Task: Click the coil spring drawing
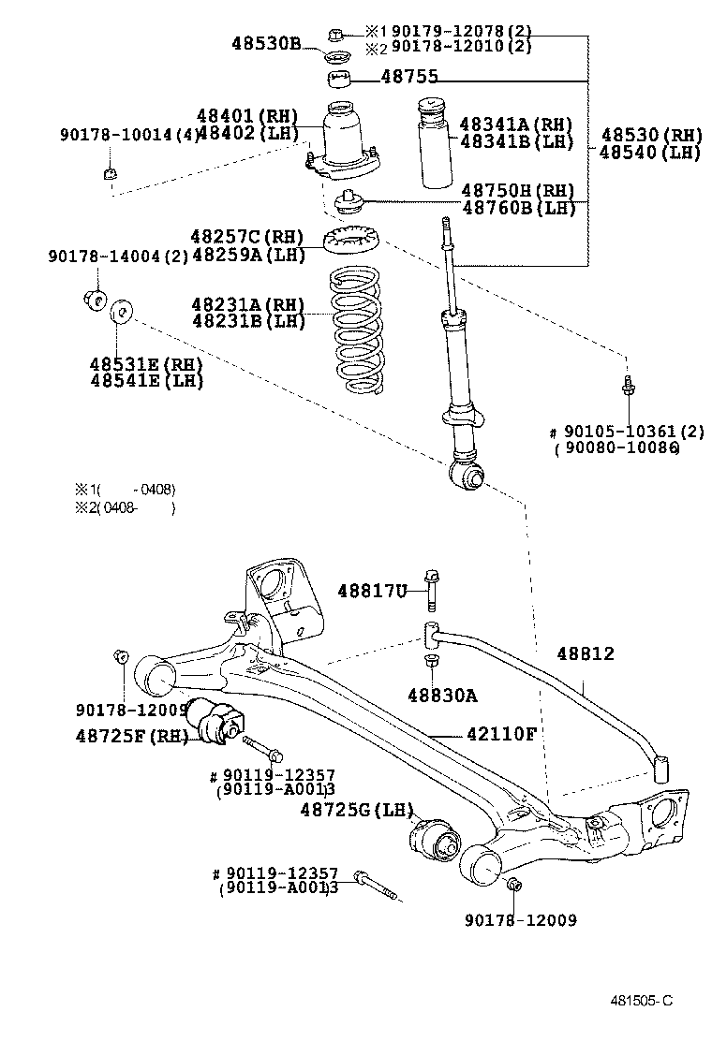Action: (x=356, y=329)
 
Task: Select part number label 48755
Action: (x=409, y=78)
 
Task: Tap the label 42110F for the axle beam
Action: (x=501, y=733)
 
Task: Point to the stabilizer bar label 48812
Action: (x=586, y=653)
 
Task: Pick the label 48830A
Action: (x=442, y=696)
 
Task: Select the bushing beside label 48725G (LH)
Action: (x=434, y=835)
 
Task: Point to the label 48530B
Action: (x=266, y=42)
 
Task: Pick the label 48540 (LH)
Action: (x=650, y=153)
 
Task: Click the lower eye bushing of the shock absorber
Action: (x=468, y=477)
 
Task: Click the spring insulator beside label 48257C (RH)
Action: (x=349, y=240)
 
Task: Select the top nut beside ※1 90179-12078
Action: (x=336, y=37)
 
